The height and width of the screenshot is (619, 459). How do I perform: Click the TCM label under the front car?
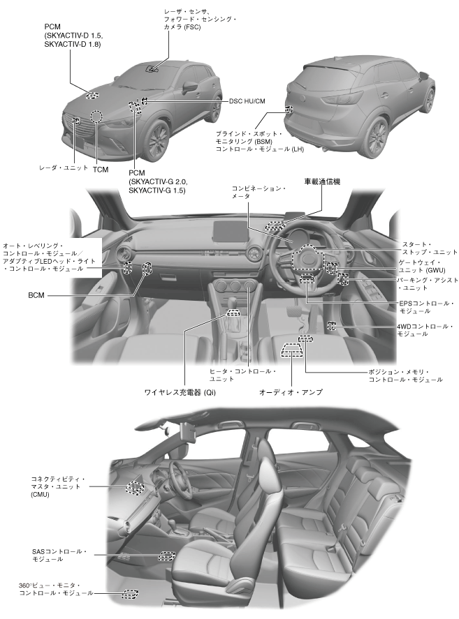pyautogui.click(x=101, y=169)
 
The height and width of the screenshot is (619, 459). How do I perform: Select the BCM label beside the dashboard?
pyautogui.click(x=36, y=296)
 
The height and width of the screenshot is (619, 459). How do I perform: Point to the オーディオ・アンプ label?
pyautogui.click(x=291, y=392)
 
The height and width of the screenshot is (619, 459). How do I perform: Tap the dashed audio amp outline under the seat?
pyautogui.click(x=290, y=350)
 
